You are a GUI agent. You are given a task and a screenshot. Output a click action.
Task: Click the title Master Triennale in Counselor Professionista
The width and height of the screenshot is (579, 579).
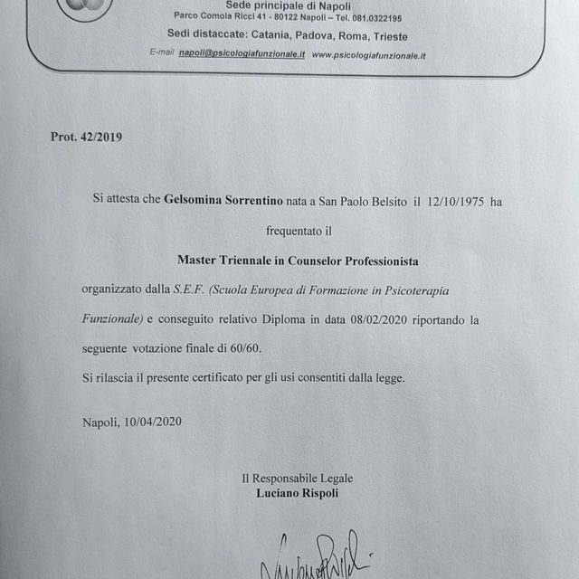298,261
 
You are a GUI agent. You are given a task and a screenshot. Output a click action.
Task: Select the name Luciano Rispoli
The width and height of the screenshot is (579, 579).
297,494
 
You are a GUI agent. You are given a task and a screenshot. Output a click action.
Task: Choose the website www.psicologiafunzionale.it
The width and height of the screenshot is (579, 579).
368,55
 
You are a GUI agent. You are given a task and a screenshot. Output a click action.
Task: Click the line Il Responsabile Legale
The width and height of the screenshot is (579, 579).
297,479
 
